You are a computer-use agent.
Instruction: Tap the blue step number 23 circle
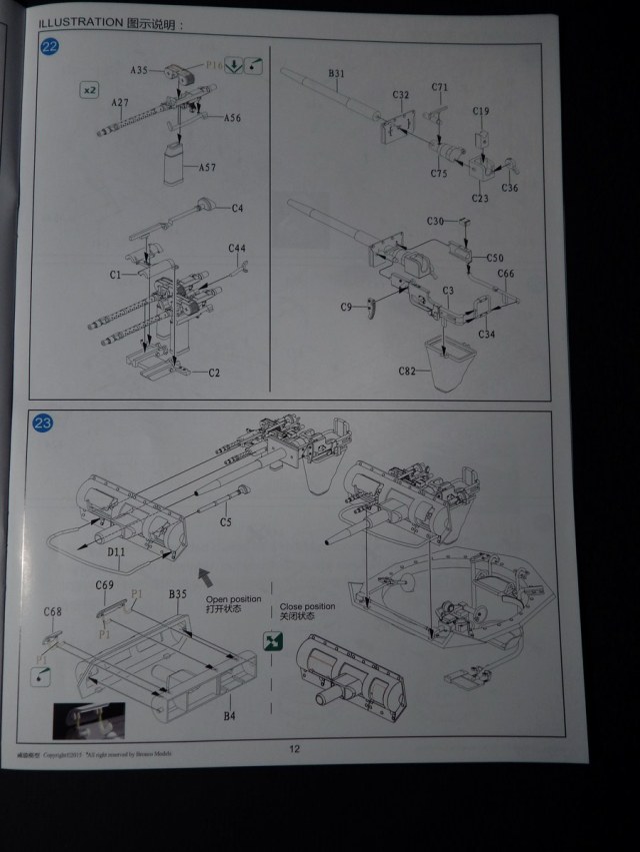(x=43, y=424)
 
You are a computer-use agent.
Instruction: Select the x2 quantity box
(x=89, y=90)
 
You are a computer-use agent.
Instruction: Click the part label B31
(x=337, y=73)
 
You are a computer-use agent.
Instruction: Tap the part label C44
(x=237, y=248)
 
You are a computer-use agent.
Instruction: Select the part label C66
(x=506, y=274)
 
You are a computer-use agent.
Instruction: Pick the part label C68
(x=52, y=611)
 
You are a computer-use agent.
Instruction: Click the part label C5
(x=226, y=521)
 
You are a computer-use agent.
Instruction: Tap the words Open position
(x=232, y=599)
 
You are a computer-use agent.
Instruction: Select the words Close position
(x=307, y=606)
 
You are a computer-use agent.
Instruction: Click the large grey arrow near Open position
(x=207, y=576)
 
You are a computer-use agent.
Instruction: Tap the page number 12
(x=294, y=748)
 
